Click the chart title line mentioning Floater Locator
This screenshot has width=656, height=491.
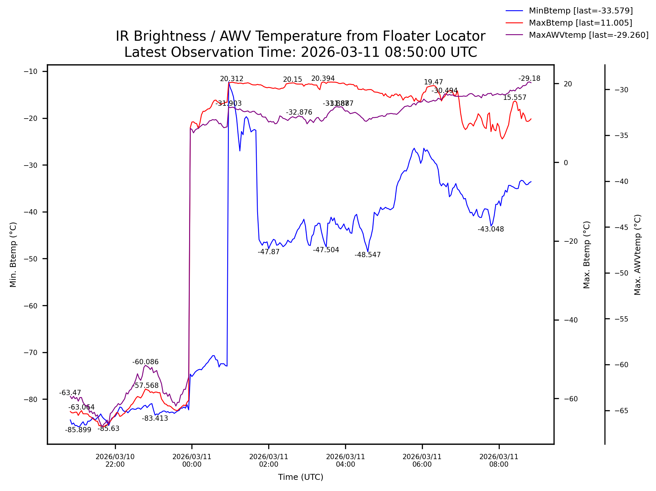click(x=300, y=36)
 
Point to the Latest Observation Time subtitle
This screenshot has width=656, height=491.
click(x=300, y=52)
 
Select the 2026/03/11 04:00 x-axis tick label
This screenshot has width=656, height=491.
click(x=345, y=460)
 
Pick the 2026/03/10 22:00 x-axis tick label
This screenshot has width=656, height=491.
click(x=115, y=460)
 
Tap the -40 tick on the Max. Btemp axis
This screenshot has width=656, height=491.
click(x=570, y=320)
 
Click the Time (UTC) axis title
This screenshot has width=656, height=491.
click(x=300, y=477)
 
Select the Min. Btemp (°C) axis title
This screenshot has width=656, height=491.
click(x=13, y=255)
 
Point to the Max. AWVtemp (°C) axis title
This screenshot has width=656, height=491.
click(x=637, y=255)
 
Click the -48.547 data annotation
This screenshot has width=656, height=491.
click(x=367, y=255)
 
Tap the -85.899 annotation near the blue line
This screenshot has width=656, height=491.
click(x=78, y=430)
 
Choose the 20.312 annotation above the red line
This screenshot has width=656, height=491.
click(x=231, y=79)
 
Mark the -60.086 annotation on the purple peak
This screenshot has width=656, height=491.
click(x=145, y=362)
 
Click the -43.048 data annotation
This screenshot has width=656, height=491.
click(x=491, y=229)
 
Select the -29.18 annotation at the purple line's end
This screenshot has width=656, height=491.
click(x=529, y=78)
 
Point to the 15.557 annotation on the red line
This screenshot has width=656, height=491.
click(x=514, y=98)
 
